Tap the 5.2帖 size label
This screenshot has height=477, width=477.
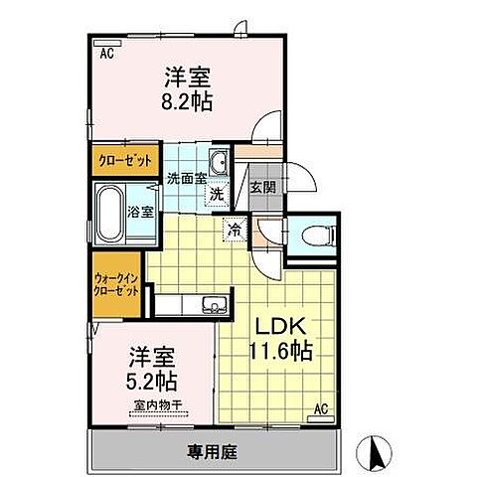pyautogui.click(x=152, y=381)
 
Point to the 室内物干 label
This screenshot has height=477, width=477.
pyautogui.click(x=154, y=405)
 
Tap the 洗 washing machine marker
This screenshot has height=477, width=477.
pyautogui.click(x=217, y=195)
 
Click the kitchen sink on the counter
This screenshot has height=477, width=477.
pyautogui.click(x=209, y=303)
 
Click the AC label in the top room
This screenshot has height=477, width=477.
pyautogui.click(x=106, y=55)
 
